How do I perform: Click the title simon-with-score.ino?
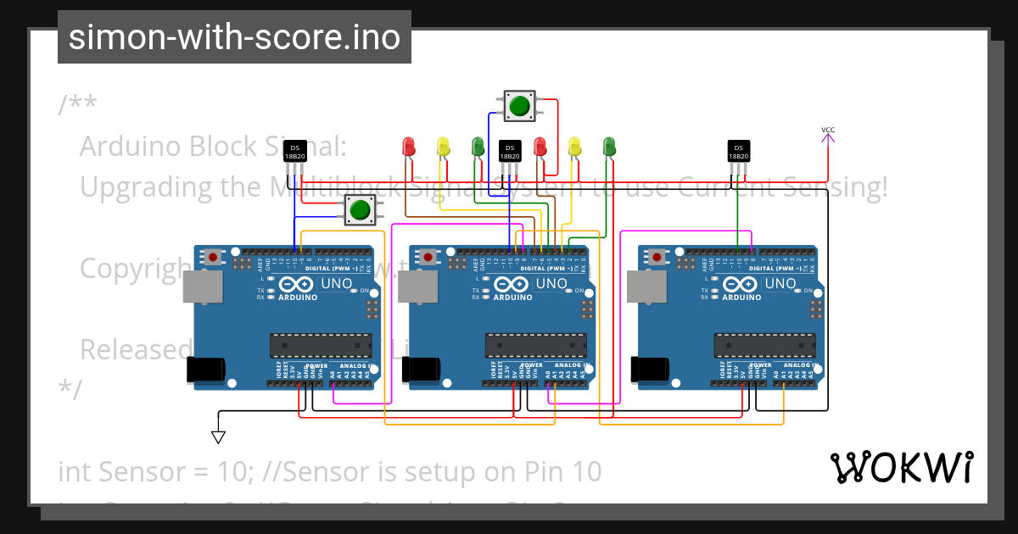(x=234, y=37)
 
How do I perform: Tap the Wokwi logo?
(x=901, y=467)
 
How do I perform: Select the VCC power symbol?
(x=828, y=134)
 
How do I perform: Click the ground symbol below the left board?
(x=218, y=437)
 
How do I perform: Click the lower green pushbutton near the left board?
(x=360, y=209)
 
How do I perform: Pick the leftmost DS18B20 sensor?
(x=294, y=151)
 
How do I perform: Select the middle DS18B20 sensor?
(x=509, y=151)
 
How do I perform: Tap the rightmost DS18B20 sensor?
(x=739, y=151)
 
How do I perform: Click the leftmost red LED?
(x=407, y=146)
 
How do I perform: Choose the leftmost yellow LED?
(x=442, y=146)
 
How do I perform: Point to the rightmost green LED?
(x=608, y=146)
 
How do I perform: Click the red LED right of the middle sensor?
(x=540, y=146)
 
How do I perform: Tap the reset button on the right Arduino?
(x=657, y=256)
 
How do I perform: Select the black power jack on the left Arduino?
(x=206, y=369)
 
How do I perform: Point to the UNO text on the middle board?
(x=552, y=284)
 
